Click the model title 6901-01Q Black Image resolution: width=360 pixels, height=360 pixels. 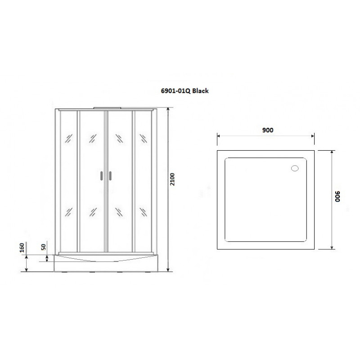pos(184,91)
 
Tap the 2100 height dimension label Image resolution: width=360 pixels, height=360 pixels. pos(172,179)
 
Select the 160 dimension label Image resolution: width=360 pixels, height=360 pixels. pos(22,247)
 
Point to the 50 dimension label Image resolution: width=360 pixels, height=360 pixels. pos(43,247)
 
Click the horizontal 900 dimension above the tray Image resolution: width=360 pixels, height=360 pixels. pos(268,130)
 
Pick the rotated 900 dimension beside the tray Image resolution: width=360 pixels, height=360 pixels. pos(337,196)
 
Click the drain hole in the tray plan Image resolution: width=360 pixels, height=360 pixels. pos(295,168)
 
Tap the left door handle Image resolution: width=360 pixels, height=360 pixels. pos(102,175)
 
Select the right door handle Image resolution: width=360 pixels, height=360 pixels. pos(110,175)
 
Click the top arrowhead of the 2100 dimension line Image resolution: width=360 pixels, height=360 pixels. pos(168,109)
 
